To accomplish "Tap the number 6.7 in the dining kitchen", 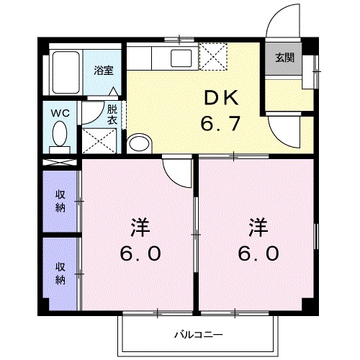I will tap(220, 125).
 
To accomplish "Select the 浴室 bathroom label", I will tap(103, 71).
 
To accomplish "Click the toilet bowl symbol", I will tap(60, 135).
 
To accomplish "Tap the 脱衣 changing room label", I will tap(112, 114).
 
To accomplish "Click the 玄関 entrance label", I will tap(284, 58).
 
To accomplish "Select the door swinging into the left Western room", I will tap(175, 171).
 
